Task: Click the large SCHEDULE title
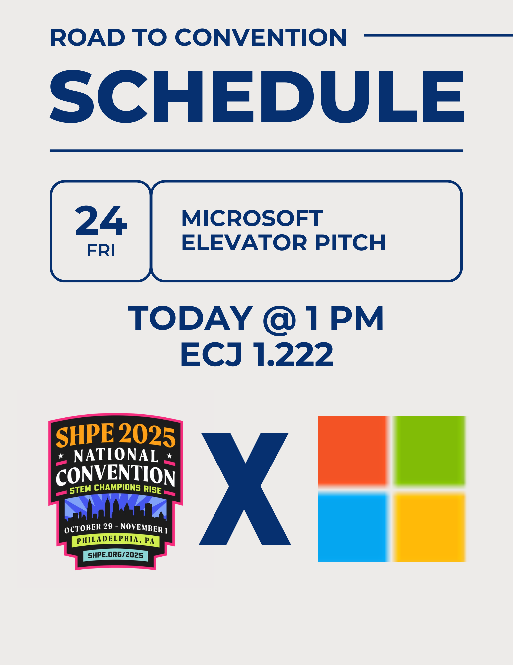257,97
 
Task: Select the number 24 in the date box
101,220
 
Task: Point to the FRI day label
101,250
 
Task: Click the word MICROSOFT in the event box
252,218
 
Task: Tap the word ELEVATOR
244,242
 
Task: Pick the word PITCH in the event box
350,242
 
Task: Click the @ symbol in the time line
279,319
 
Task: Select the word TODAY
191,318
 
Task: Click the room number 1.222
294,354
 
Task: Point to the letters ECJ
211,354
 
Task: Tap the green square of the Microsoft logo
429,451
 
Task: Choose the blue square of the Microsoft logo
353,527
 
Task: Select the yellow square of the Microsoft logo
429,527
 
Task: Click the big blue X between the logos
245,489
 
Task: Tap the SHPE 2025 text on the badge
116,435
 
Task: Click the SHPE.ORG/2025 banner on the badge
116,555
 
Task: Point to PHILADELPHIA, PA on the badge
116,540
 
